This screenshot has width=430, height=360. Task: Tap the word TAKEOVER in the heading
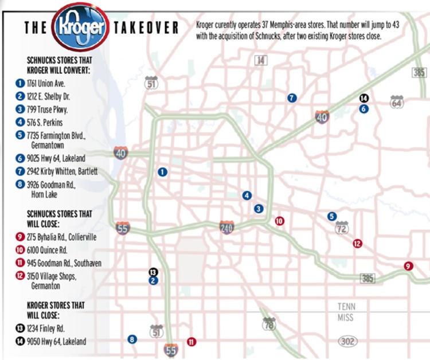click(146, 28)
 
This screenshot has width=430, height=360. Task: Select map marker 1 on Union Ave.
click(162, 171)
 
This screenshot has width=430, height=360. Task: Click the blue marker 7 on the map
click(292, 98)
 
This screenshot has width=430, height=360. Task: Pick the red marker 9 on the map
click(408, 265)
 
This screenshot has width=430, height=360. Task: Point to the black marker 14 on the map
click(363, 98)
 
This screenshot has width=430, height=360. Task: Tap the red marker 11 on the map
click(191, 342)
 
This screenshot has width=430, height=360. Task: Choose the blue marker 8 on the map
click(132, 339)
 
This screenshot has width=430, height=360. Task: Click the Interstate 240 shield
click(227, 228)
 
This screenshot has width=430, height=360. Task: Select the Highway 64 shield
click(397, 102)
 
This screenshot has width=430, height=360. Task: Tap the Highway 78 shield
click(268, 324)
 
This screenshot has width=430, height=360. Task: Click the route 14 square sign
click(261, 60)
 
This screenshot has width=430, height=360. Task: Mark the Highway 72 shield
click(342, 228)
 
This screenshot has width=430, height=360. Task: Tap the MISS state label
click(346, 318)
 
